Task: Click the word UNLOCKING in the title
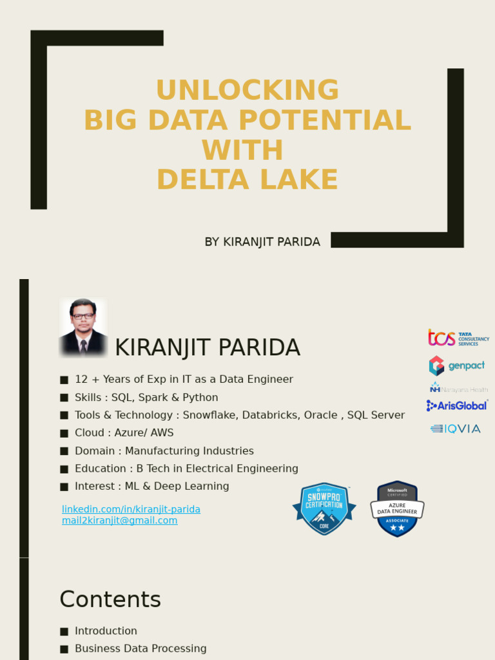(247, 90)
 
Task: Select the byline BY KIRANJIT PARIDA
(262, 242)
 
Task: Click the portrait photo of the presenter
(83, 327)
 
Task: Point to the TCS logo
(458, 338)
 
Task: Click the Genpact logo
(457, 365)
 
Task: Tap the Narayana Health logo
(458, 389)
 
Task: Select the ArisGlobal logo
(457, 405)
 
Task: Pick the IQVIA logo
(456, 429)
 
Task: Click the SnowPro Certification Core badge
(324, 509)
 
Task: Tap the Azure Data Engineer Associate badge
(397, 509)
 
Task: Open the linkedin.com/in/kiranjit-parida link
(131, 509)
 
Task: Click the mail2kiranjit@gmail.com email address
(119, 521)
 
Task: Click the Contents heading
(110, 599)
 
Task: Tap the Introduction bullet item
(106, 631)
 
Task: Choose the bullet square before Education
(63, 469)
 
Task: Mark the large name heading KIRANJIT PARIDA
(207, 347)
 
